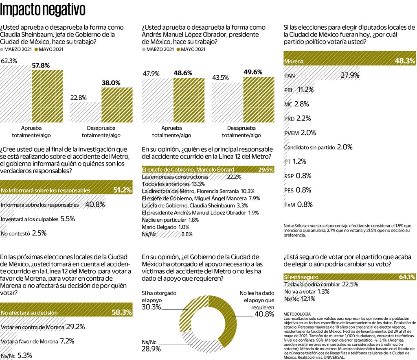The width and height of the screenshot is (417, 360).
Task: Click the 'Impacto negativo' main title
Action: (x=43, y=9)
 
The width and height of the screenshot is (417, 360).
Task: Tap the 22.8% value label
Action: (x=78, y=98)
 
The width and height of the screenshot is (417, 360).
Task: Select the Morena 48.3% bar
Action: (x=349, y=61)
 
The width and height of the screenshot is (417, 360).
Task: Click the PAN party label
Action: (x=290, y=76)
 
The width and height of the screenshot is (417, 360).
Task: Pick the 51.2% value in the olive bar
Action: (x=122, y=190)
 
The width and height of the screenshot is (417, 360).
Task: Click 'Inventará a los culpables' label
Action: (x=30, y=219)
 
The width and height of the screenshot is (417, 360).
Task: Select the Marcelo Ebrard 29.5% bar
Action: (x=208, y=170)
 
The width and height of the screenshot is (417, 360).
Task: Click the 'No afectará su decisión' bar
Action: (x=66, y=312)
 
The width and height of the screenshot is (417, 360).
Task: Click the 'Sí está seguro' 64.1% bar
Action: (x=349, y=277)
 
